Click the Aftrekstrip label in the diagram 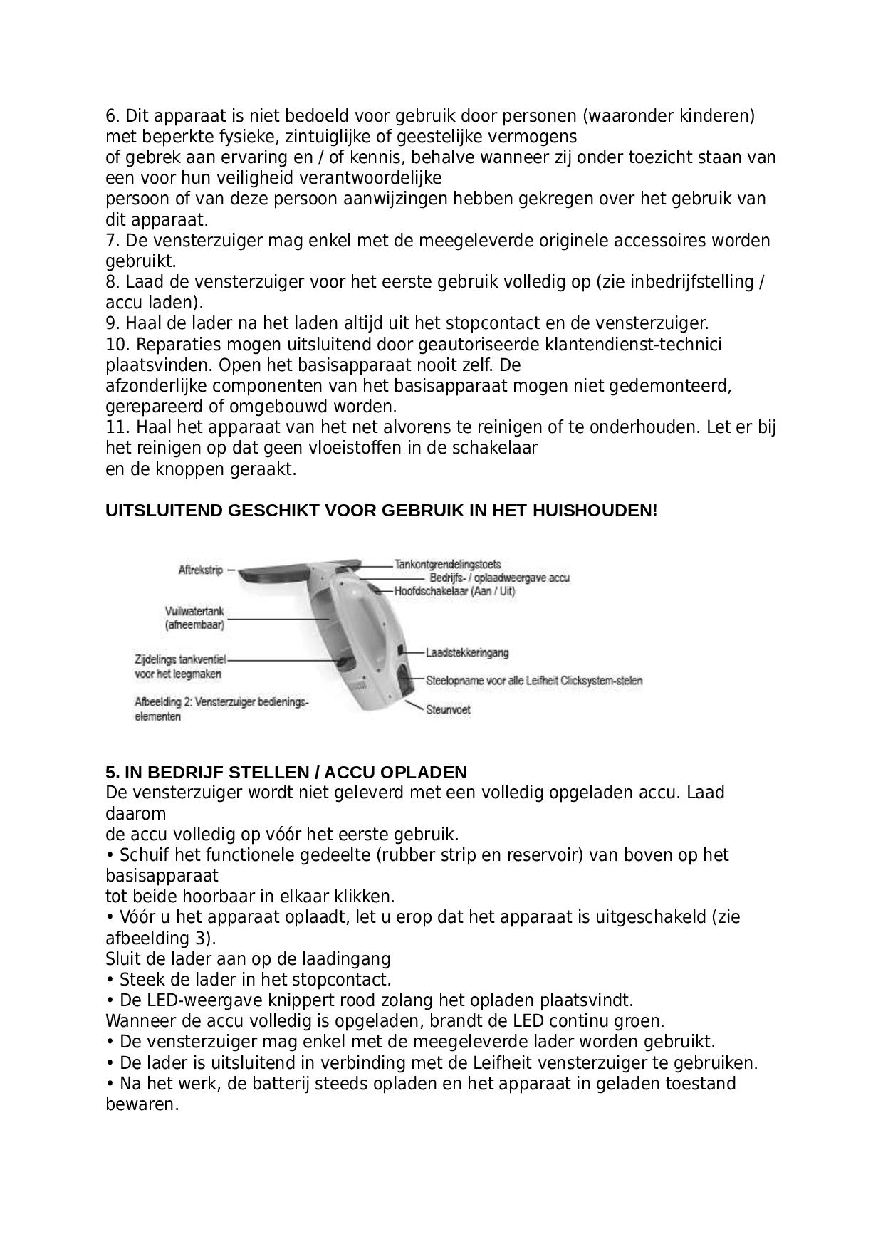point(200,570)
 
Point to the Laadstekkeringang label point(467,652)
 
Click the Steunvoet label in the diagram point(448,709)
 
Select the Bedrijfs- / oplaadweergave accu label point(499,578)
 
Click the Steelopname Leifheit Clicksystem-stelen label point(534,681)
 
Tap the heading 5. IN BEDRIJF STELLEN point(286,773)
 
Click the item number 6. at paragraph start point(113,115)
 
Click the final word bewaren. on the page point(142,1104)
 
